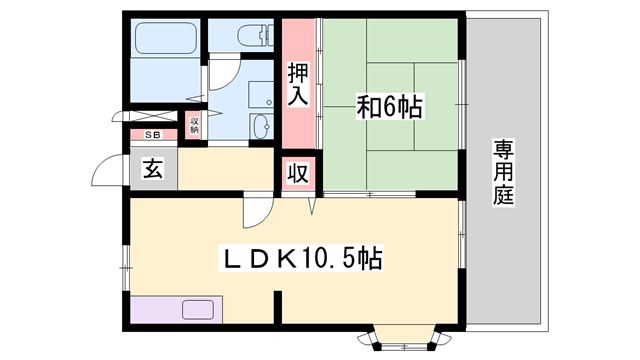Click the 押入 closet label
(297, 84)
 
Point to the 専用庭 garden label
(502, 172)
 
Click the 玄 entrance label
(152, 171)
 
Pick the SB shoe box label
(154, 135)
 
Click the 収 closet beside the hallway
(298, 173)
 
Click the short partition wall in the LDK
(279, 306)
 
